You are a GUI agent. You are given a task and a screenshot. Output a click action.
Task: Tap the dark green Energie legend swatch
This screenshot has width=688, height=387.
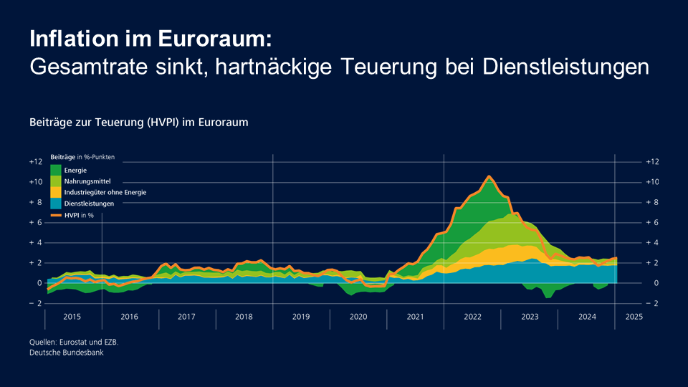coord(56,170)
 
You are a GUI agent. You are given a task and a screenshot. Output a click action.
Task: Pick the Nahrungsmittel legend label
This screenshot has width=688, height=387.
coord(87,181)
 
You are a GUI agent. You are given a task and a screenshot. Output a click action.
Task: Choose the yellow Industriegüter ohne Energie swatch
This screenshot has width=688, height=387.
coord(56,192)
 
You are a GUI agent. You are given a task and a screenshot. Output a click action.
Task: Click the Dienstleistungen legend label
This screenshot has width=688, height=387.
coord(89,204)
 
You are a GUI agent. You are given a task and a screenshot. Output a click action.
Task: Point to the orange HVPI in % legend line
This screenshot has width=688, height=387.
coord(56,214)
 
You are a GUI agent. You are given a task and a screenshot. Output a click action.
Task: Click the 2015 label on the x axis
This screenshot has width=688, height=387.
coord(72,316)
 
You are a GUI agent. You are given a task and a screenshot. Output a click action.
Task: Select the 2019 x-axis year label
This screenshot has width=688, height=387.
coord(301,316)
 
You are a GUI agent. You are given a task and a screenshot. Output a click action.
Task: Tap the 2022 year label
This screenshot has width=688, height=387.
coord(472,316)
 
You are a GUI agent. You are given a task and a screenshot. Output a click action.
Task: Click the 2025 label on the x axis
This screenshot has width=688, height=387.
coord(634,316)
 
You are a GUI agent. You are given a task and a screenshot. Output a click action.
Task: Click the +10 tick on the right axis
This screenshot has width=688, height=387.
coord(651,182)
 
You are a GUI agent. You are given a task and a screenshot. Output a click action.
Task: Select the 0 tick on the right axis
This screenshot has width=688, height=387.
coord(648,283)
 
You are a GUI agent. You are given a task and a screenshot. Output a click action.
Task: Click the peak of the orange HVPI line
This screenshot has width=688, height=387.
coord(489,176)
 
